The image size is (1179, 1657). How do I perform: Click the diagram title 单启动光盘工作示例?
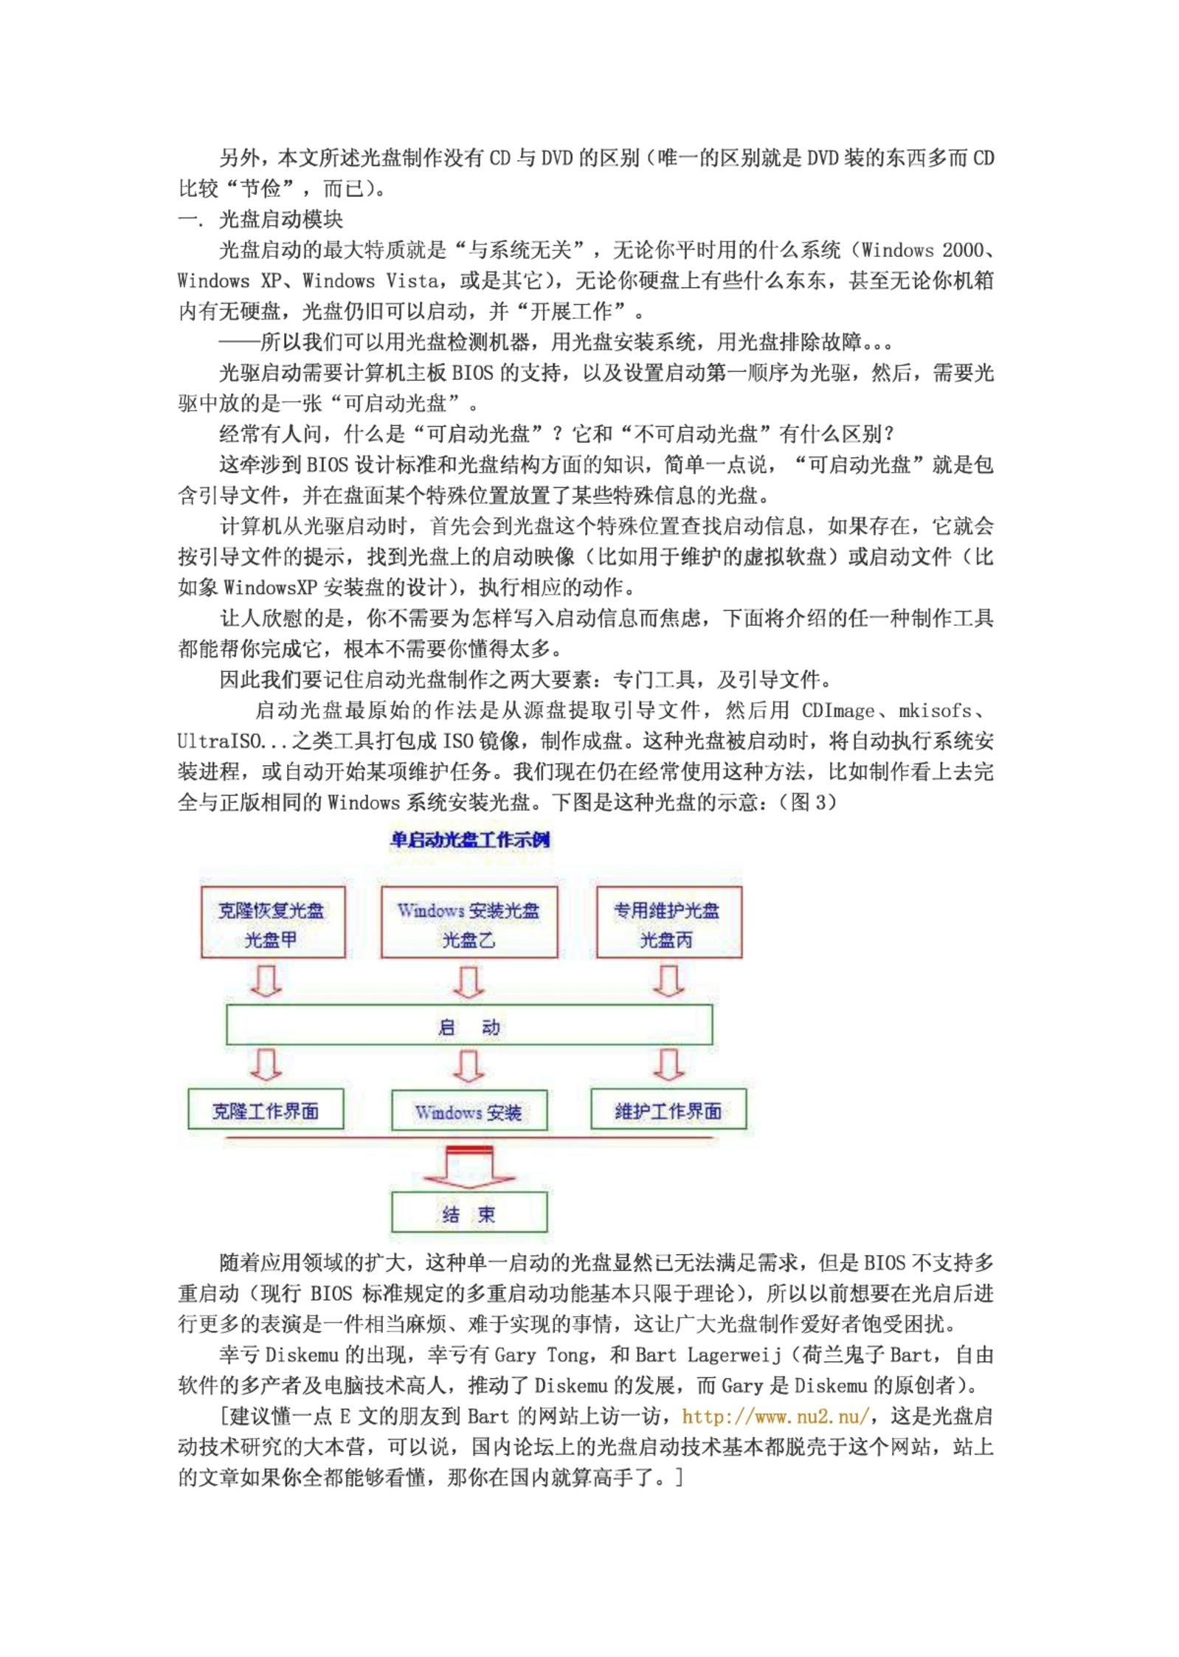click(470, 840)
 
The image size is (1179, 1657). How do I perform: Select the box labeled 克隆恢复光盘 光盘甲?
click(272, 922)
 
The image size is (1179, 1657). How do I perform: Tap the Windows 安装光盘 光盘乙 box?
click(469, 922)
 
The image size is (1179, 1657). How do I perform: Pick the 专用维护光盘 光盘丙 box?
click(668, 922)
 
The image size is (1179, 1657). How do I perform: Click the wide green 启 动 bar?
click(469, 1025)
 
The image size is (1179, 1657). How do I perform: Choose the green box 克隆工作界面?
click(266, 1111)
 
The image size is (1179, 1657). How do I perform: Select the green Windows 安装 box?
click(469, 1112)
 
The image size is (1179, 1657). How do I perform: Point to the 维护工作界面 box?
click(668, 1111)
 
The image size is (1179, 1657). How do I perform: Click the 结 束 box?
click(469, 1214)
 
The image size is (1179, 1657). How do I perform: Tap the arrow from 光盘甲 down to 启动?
click(266, 982)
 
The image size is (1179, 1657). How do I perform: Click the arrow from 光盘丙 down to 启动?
click(668, 982)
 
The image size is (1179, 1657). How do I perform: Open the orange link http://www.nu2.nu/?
click(776, 1416)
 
